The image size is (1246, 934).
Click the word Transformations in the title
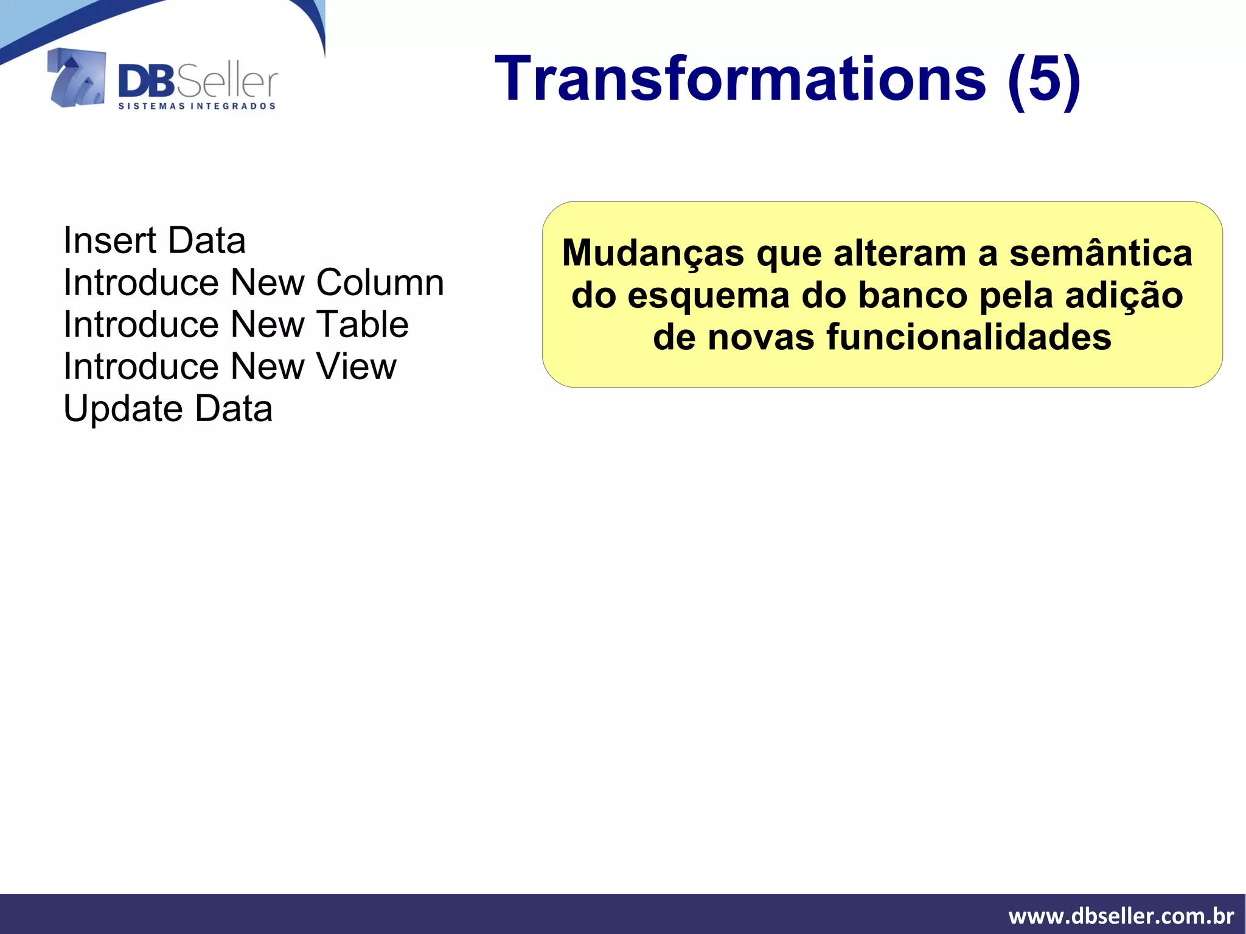coord(740,80)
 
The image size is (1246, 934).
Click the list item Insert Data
coord(155,241)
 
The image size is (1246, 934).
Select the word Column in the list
coord(380,283)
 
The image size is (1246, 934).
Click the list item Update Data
coord(168,409)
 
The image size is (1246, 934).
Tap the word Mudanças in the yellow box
coord(653,254)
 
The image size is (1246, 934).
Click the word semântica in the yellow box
coord(1101,254)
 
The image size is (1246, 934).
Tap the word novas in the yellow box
coord(760,338)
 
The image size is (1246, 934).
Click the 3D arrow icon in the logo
coord(77,78)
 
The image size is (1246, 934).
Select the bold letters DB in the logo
coord(146,82)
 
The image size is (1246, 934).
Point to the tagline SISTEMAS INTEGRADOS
coord(197,106)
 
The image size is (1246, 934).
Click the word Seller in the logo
coord(227,82)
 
